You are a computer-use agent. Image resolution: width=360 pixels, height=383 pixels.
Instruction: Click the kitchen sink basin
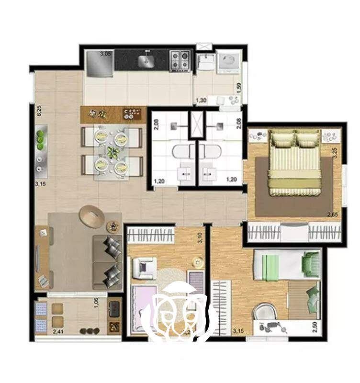point(146,61)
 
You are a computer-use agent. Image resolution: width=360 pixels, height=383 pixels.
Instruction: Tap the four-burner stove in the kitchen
point(180,60)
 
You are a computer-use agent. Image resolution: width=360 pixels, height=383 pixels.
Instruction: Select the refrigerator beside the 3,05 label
point(100,64)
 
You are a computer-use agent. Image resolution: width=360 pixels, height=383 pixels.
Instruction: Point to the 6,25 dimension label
point(39,111)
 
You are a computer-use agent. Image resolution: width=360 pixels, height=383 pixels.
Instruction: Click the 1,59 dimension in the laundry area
point(239,88)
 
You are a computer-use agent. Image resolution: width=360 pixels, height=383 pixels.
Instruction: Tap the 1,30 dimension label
point(201,101)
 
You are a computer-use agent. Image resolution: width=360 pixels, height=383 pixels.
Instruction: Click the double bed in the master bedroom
point(294,163)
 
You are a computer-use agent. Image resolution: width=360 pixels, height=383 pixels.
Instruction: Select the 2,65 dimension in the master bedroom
point(332,214)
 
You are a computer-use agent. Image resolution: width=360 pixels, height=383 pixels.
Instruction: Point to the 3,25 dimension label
point(335,153)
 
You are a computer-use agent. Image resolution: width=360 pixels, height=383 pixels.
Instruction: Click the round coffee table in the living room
point(92,216)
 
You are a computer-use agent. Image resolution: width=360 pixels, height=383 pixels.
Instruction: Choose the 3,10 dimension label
point(200,237)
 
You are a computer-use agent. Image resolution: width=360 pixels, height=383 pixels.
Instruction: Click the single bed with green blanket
point(287,264)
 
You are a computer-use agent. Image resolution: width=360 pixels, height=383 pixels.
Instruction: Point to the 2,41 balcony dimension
point(58,332)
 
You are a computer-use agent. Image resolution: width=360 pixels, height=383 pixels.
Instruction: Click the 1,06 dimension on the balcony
point(97,303)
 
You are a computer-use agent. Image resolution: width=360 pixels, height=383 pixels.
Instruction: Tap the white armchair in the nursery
point(145,268)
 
